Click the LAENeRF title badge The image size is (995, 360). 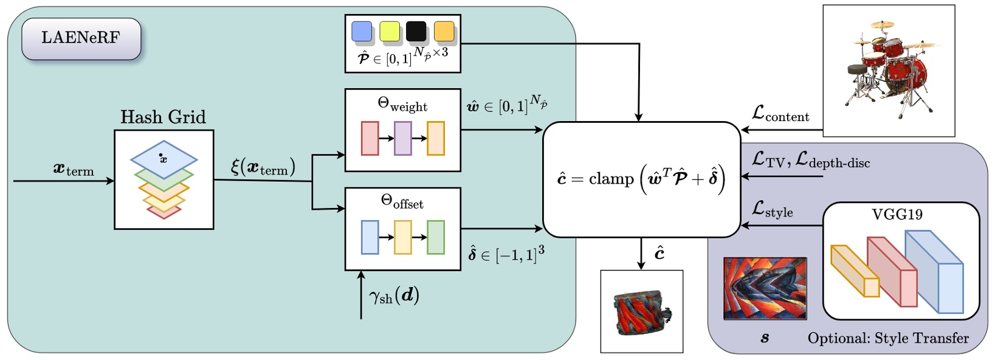tap(81, 38)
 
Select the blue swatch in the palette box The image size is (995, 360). tap(362, 31)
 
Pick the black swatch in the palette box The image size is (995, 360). tap(416, 31)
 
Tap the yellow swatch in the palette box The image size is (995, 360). tap(390, 31)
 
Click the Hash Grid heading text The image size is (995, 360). tap(163, 117)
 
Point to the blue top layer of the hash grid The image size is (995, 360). tap(164, 157)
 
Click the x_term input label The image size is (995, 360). tap(74, 169)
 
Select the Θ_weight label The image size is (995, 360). tap(402, 105)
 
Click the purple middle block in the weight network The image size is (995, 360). tap(403, 138)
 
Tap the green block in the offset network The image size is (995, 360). tap(436, 237)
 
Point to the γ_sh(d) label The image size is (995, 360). tap(394, 296)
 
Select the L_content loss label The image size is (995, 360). tap(780, 114)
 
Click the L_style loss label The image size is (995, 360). tap(772, 210)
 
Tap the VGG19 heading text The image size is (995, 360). tap(897, 214)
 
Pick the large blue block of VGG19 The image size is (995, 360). tap(935, 274)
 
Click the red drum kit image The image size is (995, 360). tap(889, 70)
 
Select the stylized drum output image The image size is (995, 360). tap(641, 311)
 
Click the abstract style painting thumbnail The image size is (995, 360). tap(765, 288)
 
